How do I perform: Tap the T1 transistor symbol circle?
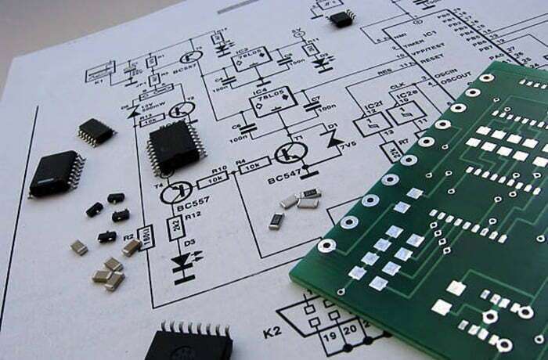point(290,153)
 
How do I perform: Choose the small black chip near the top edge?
point(341,17)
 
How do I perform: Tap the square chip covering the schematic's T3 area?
point(174,146)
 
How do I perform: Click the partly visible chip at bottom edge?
point(188,343)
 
